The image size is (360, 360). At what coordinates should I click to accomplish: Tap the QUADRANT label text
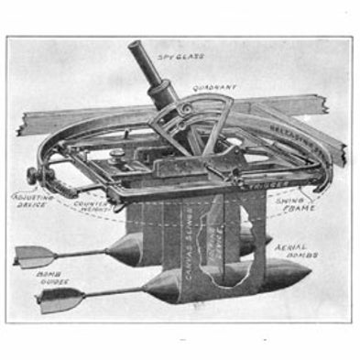point(214,90)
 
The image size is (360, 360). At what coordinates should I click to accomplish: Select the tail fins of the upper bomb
point(33,256)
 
